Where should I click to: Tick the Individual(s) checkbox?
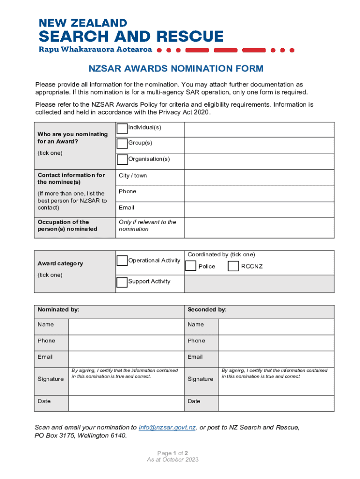[122, 128]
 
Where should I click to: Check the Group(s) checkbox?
[122, 143]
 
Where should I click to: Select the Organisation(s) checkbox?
[122, 160]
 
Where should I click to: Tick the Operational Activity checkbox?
[122, 261]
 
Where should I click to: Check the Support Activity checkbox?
[122, 282]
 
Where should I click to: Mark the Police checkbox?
[191, 266]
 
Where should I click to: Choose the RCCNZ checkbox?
[233, 266]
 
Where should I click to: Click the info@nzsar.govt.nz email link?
[167, 428]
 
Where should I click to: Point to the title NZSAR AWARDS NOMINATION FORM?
[176, 69]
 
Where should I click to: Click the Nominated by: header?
[58, 310]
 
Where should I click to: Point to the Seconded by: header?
[207, 310]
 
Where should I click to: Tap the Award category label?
[60, 264]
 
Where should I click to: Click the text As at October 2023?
[173, 460]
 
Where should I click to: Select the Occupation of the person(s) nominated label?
[67, 225]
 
